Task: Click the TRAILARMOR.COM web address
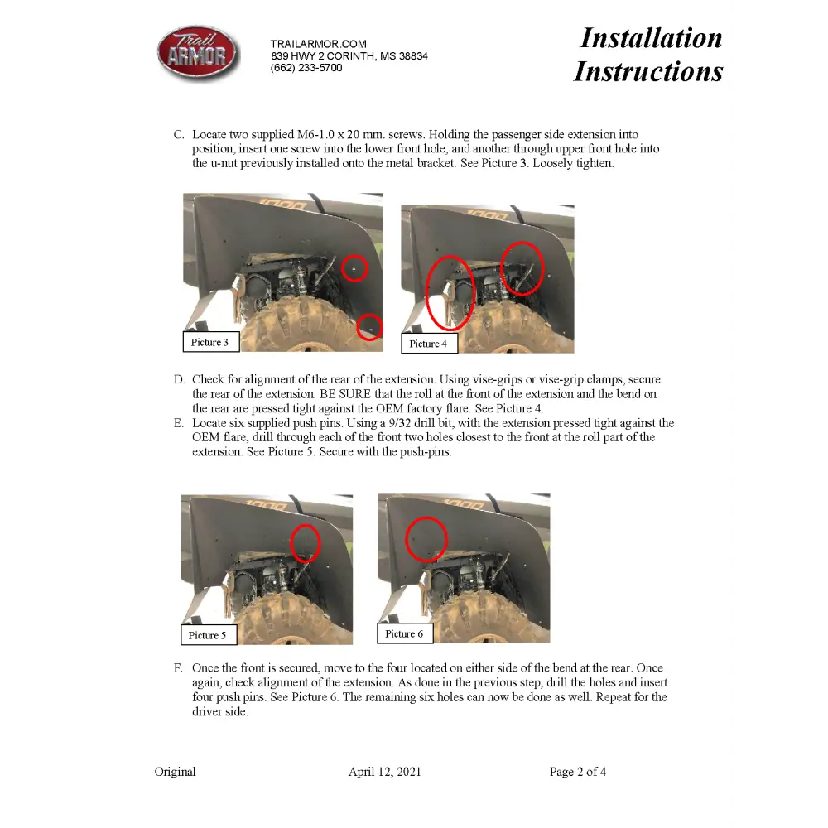pos(318,44)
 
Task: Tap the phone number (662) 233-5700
pos(306,68)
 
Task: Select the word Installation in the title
pos(651,38)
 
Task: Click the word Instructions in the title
pos(648,71)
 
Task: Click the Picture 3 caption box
pos(210,342)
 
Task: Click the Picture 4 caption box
pos(428,344)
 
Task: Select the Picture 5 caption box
pos(208,635)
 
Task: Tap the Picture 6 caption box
pos(404,633)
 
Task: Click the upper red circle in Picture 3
pos(354,268)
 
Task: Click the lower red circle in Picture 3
pos(369,327)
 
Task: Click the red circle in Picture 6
pos(426,538)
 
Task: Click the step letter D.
pos(179,380)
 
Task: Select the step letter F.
pos(178,668)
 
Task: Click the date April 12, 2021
pos(384,772)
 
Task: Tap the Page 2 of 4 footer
pos(577,772)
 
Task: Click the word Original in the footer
pos(175,772)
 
